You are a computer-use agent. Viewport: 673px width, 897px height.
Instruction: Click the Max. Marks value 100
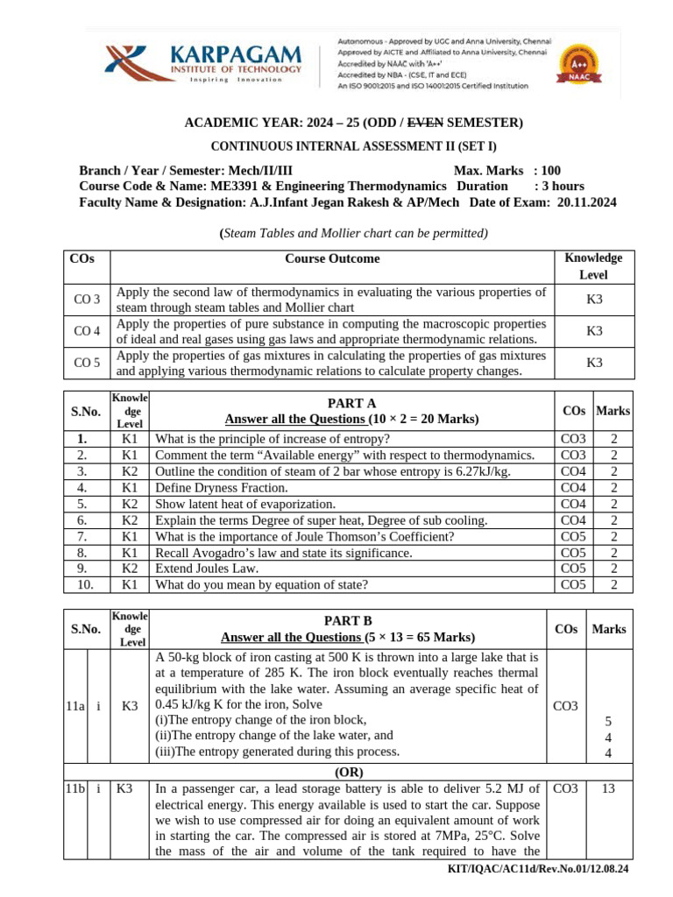point(550,170)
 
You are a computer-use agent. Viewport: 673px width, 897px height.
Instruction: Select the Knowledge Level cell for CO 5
point(594,363)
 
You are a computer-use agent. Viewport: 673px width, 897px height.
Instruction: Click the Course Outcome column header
point(332,259)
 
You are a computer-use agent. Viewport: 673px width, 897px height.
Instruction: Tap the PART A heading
point(351,403)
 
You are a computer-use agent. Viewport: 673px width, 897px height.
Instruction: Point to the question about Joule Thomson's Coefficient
point(304,537)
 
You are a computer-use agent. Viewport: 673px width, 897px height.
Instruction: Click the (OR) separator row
point(348,773)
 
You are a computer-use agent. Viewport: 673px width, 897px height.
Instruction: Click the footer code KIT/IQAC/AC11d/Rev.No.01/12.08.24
point(537,869)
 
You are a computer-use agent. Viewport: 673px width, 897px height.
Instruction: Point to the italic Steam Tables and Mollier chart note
point(353,233)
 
